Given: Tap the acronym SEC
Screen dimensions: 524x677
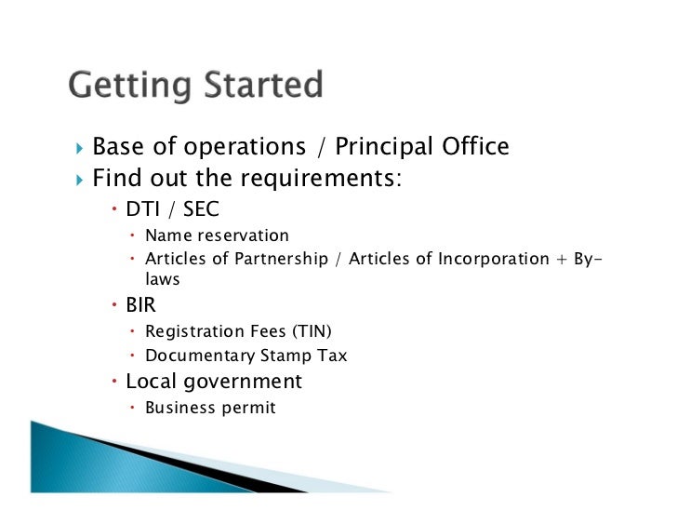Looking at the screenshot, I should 200,209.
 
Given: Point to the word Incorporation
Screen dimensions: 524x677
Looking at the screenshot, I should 493,259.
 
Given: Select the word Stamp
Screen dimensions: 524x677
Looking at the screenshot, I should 286,356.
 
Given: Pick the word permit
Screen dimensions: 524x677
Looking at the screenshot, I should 249,408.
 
